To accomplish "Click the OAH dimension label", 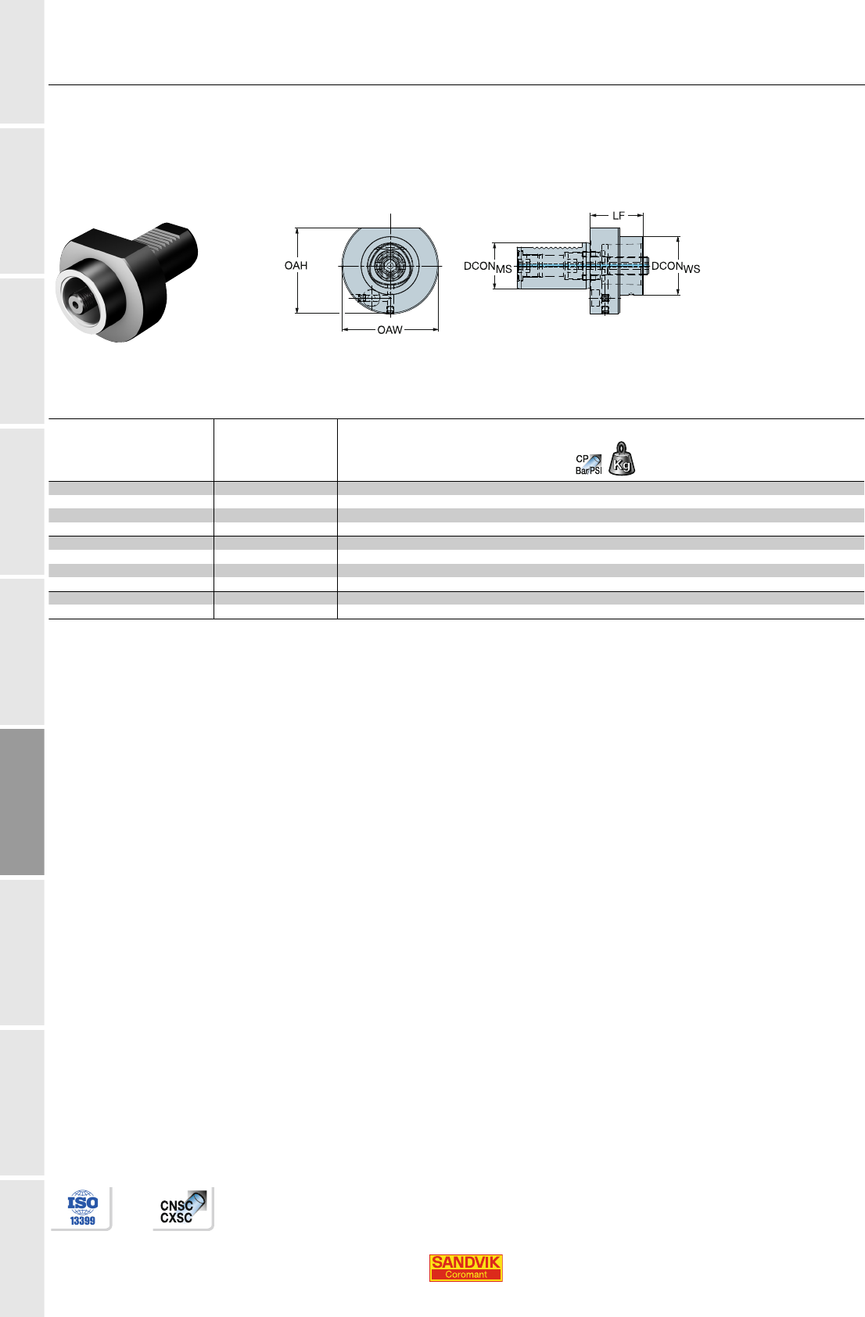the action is tap(296, 266).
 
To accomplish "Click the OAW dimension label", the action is tap(389, 330).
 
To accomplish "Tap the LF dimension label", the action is tap(618, 216).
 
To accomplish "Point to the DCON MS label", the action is tap(487, 267).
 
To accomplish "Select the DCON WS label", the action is tap(676, 267).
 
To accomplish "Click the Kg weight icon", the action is tap(622, 458).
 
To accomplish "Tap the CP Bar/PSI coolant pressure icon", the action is tap(589, 465).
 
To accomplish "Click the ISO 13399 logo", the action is tap(82, 1208).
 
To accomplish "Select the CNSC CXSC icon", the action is tap(183, 1208).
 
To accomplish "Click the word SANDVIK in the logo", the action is tap(465, 1261).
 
